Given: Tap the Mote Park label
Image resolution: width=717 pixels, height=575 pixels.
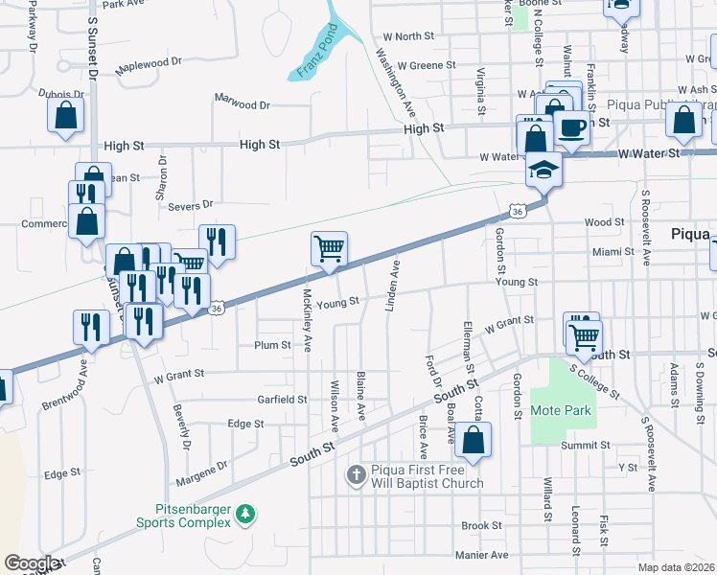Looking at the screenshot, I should coord(562,410).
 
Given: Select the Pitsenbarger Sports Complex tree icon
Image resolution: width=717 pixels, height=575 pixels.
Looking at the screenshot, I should coord(246,516).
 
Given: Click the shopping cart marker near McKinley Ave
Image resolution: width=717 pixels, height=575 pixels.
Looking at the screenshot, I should coord(329,249).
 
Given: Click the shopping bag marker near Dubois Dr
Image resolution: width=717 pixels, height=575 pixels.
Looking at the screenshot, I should coord(65,115).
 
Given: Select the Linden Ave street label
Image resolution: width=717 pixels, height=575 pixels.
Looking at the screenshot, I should coord(393,285).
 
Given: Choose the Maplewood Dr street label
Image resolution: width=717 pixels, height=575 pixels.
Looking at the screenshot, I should coord(149,66).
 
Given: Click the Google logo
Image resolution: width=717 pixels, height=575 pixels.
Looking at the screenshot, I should coord(32,563).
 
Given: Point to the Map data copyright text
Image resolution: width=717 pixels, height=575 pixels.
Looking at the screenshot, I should coord(675,567).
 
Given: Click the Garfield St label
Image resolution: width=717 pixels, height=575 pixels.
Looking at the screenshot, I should coord(281,399).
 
